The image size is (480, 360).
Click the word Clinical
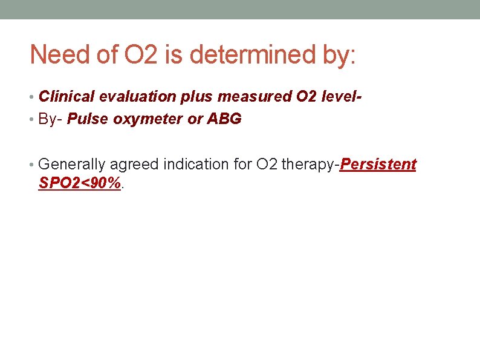click(64, 96)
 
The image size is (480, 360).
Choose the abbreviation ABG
click(224, 119)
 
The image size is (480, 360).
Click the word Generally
click(68, 165)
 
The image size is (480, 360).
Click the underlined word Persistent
click(378, 165)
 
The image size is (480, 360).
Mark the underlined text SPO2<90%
click(79, 183)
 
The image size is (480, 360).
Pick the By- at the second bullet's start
click(50, 119)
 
